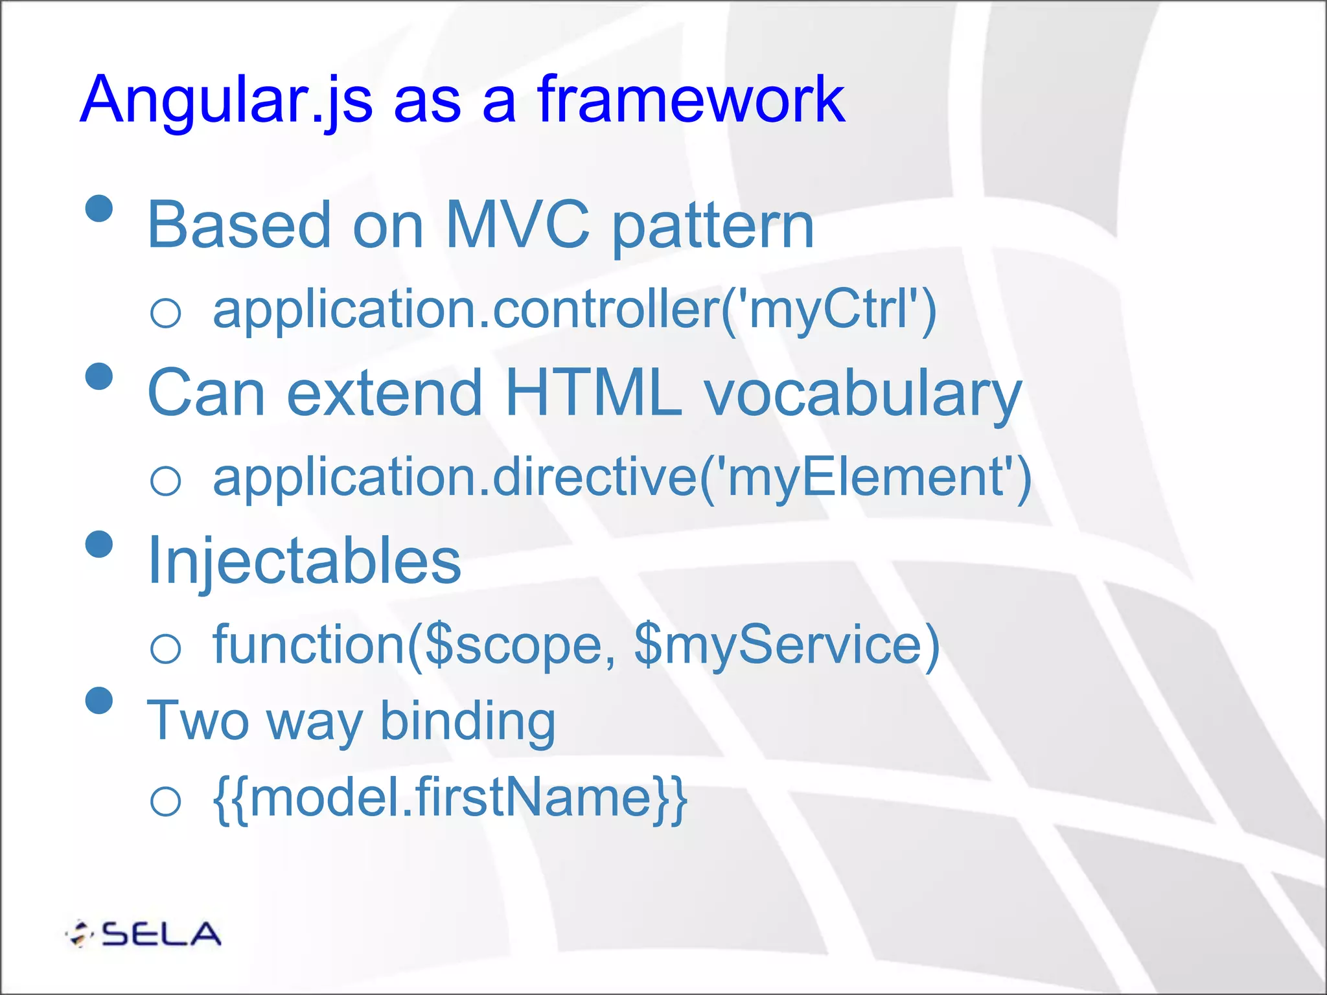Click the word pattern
(713, 227)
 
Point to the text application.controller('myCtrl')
(574, 311)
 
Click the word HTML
(593, 393)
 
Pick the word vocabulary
(862, 395)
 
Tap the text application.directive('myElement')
(621, 478)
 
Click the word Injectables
(304, 561)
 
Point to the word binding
(467, 722)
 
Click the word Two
(198, 720)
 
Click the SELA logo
(144, 933)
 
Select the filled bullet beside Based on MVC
(99, 209)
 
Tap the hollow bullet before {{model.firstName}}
(165, 801)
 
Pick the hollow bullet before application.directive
(165, 481)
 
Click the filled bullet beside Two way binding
(99, 701)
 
